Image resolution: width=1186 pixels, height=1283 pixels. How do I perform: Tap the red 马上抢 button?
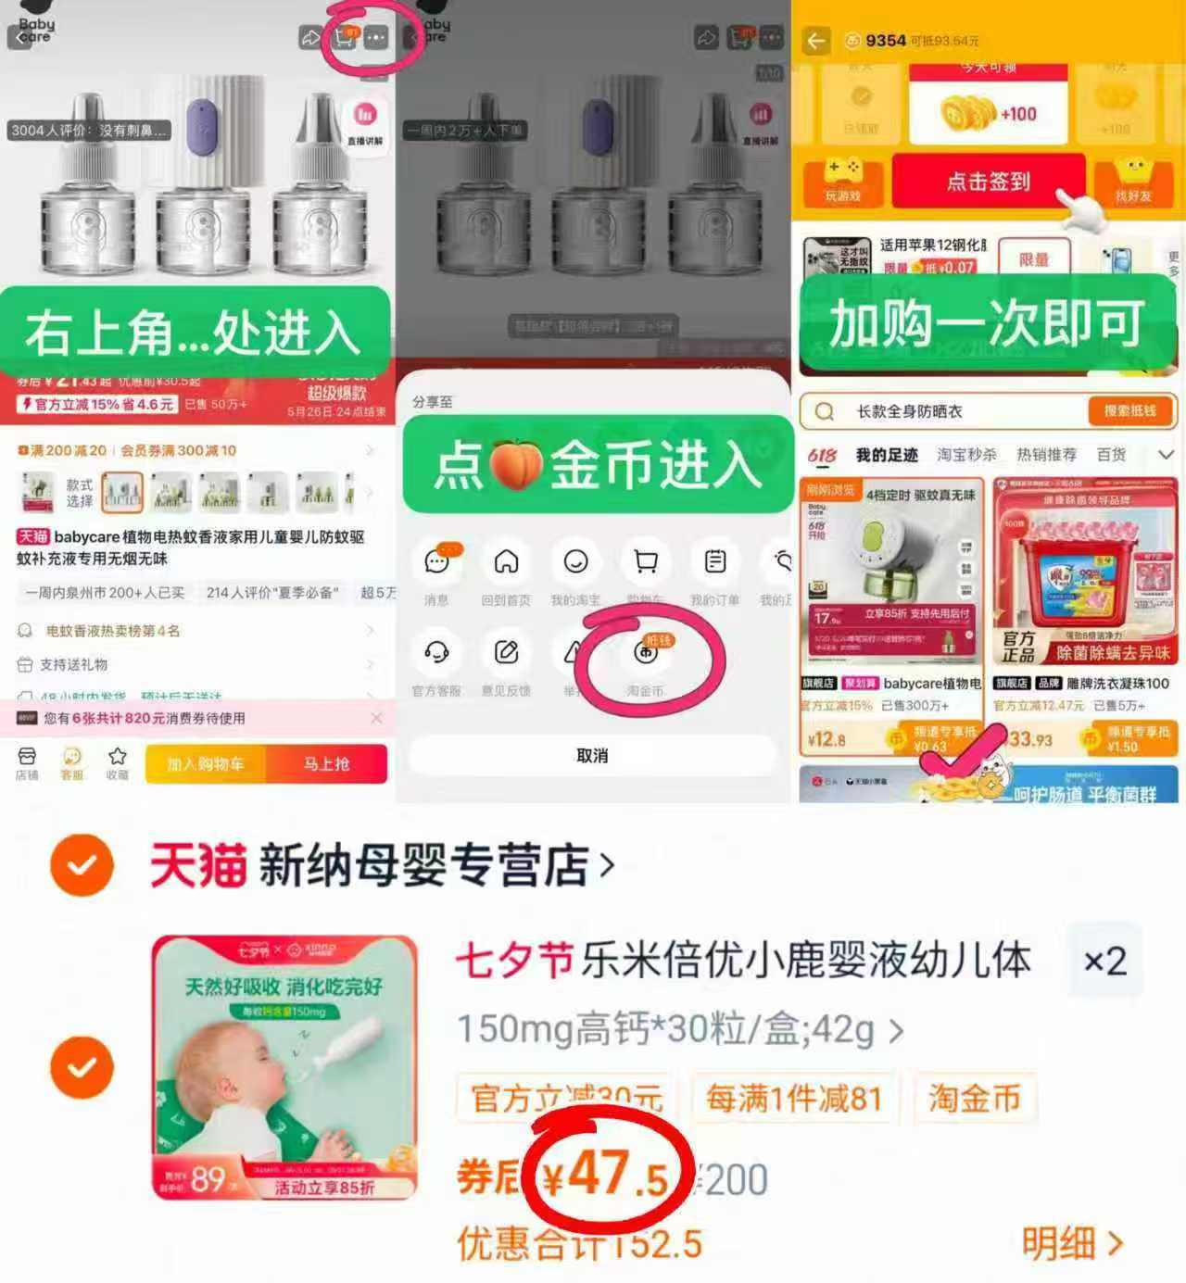[326, 764]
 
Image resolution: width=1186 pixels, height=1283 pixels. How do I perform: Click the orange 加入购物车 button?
[206, 764]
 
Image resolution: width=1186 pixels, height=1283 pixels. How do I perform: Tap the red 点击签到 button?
[988, 182]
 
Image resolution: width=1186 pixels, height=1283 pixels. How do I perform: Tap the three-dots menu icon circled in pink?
[375, 38]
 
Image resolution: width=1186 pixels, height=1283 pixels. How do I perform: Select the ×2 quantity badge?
[1104, 961]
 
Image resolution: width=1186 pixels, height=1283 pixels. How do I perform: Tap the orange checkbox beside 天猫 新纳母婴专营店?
[82, 865]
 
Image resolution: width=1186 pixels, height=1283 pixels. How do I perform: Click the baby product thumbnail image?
[284, 1067]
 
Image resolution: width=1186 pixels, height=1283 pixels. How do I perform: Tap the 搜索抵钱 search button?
[1129, 410]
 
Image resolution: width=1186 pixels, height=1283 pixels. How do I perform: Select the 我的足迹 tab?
[887, 455]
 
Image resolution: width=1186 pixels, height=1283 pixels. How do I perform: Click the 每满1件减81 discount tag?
[793, 1099]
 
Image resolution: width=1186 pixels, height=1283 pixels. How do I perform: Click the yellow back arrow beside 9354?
[816, 41]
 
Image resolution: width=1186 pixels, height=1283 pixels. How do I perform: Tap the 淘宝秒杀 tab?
[966, 455]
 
